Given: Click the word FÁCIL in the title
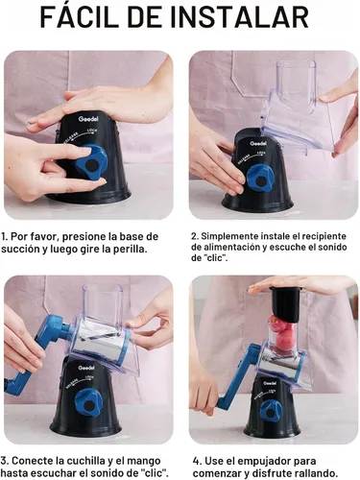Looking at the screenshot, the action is [x=80, y=16].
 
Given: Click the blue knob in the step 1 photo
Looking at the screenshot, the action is [x=92, y=161].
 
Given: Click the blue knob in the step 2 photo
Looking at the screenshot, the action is [x=260, y=179].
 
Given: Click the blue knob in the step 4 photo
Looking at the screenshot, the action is [x=271, y=410].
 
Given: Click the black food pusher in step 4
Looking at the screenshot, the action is [x=284, y=303].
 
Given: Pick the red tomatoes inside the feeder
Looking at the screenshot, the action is [x=282, y=333].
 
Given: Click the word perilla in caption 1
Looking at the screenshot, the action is [x=130, y=249].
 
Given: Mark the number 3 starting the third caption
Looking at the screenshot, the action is [x=4, y=461].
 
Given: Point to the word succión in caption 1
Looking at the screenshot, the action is [x=20, y=249].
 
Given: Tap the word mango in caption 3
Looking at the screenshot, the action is [x=144, y=462].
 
